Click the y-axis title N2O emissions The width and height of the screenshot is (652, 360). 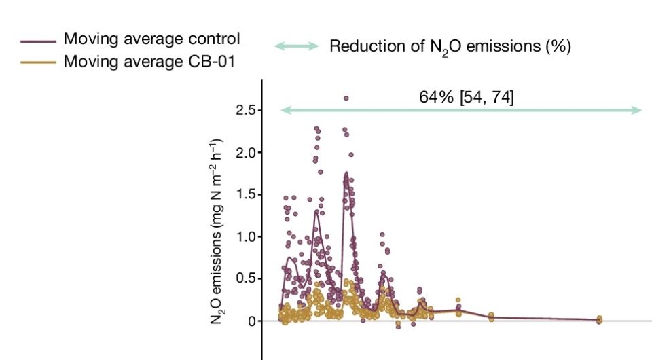point(217,231)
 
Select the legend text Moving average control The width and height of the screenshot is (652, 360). point(151,39)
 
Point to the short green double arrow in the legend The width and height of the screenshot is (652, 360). point(296,46)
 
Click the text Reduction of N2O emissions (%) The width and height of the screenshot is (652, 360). point(450,47)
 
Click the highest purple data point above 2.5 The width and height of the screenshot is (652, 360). point(346,98)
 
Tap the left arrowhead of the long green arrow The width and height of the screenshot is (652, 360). point(285,110)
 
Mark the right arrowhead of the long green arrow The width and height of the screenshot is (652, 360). point(638,110)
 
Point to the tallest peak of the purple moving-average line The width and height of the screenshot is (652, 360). point(346,173)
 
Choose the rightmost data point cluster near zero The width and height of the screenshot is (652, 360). point(599,319)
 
